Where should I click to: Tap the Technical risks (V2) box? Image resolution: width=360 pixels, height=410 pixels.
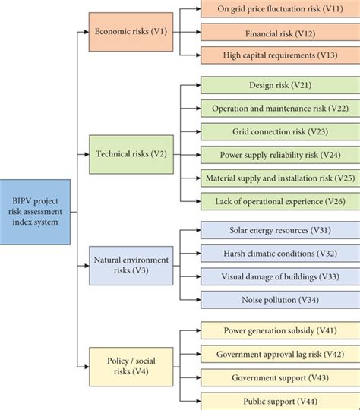131,154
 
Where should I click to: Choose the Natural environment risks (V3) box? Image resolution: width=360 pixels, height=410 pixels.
131,265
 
